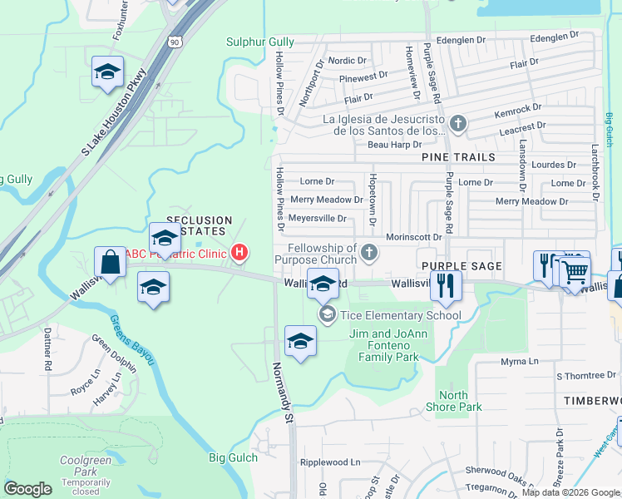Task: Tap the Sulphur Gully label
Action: (x=259, y=41)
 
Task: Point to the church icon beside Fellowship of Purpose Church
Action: (x=369, y=252)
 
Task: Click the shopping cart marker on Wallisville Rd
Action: (x=574, y=271)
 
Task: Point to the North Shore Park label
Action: (x=459, y=401)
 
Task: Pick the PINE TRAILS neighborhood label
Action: (x=458, y=156)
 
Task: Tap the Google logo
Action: (x=27, y=489)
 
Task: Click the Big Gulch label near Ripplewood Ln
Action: (x=229, y=457)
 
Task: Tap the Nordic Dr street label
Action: (x=347, y=61)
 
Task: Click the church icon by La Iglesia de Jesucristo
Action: (x=457, y=125)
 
